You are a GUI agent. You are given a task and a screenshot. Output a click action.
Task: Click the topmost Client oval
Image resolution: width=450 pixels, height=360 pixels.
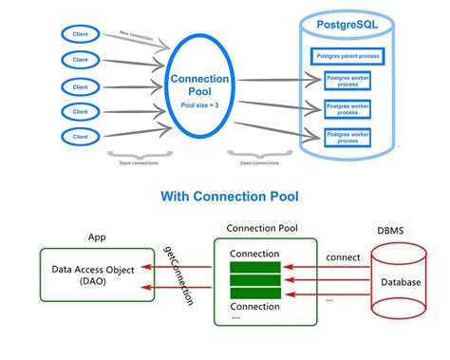point(82,34)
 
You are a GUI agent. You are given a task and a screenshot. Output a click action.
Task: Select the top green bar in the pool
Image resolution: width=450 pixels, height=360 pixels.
point(254,268)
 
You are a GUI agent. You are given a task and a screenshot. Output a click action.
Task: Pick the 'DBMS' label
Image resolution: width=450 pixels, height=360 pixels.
point(391,231)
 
